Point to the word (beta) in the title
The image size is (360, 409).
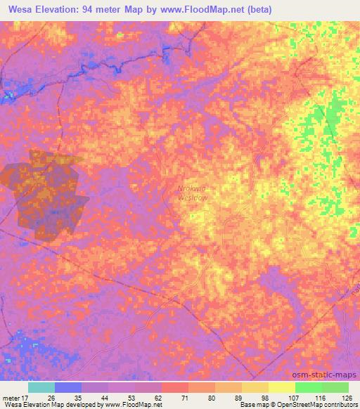click(x=269, y=10)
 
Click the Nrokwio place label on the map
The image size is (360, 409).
click(x=193, y=188)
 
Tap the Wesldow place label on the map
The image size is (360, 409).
click(x=193, y=197)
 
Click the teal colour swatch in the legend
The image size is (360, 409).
click(x=41, y=387)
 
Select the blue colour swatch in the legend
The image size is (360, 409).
click(x=68, y=387)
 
